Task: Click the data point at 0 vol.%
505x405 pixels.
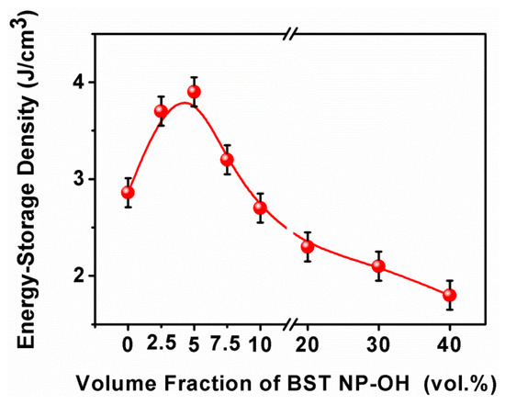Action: [x=128, y=192]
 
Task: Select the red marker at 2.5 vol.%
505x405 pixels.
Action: [x=161, y=111]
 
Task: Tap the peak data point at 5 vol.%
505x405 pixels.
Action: [x=194, y=92]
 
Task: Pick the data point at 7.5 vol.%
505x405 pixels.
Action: [x=227, y=159]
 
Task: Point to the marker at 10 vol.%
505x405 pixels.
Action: [x=260, y=208]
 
